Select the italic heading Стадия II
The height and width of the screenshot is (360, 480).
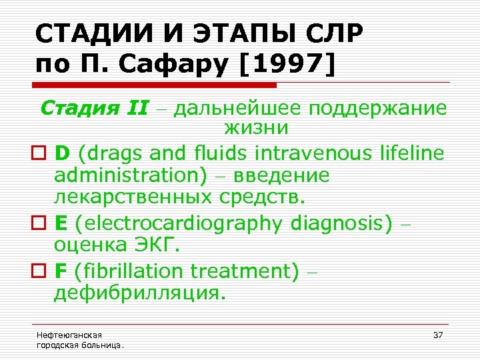coord(94,109)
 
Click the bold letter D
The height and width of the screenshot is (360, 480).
coord(62,154)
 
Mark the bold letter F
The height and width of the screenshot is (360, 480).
coord(61,271)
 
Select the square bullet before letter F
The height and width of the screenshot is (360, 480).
coord(40,272)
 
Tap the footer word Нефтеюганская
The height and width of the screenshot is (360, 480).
coord(65,335)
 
